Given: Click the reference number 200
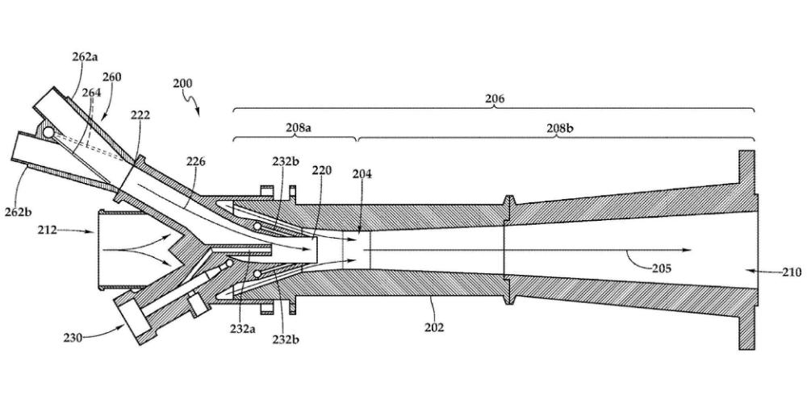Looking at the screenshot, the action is point(182,83).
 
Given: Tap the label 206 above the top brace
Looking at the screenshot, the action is point(495,98).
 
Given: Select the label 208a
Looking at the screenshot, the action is point(299,128).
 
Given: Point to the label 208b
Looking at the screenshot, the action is point(559,128).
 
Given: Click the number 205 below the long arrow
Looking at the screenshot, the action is point(662,268).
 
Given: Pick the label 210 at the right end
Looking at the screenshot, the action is point(791,272).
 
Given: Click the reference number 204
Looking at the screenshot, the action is point(362,174).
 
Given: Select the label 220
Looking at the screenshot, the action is point(322,170).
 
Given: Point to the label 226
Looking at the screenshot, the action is point(195,161).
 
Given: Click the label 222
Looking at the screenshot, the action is point(140,114).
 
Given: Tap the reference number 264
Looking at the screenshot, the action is point(92,93).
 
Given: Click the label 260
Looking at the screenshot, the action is point(111,77).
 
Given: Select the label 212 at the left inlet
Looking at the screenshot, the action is point(48,231).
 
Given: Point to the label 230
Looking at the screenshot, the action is point(73,338).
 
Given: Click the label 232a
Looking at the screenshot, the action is point(243,328).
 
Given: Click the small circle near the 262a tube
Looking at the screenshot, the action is point(48,133).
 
